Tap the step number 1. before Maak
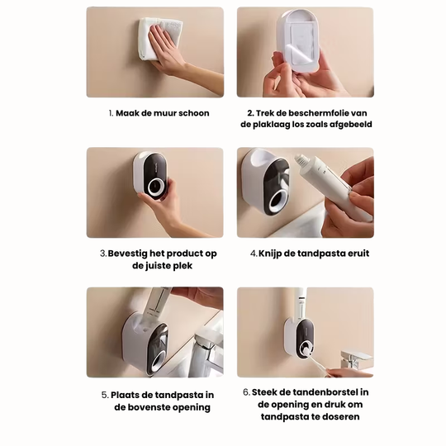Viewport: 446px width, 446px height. [111, 113]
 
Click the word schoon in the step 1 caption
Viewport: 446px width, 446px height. [193, 113]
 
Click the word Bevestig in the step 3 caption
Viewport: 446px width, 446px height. [130, 254]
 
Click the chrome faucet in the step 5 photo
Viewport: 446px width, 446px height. [205, 345]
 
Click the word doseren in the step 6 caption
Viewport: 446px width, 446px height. [336, 417]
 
